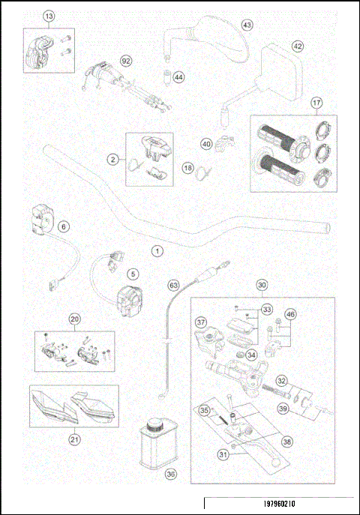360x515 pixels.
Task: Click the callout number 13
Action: tap(49, 16)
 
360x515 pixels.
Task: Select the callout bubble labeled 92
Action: tap(126, 61)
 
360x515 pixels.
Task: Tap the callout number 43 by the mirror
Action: tap(247, 25)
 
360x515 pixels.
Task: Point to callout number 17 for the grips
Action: tap(317, 102)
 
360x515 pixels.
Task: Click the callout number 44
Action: tap(178, 77)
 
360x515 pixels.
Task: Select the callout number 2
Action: tap(112, 159)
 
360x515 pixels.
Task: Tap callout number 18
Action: tap(187, 169)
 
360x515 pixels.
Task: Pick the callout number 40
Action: tap(206, 144)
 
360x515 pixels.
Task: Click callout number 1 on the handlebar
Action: tap(157, 251)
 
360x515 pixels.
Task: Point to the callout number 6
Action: tap(63, 226)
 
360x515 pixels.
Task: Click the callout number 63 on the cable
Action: tap(173, 285)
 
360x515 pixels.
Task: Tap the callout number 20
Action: tap(74, 319)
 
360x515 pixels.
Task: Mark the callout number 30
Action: tap(262, 285)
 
